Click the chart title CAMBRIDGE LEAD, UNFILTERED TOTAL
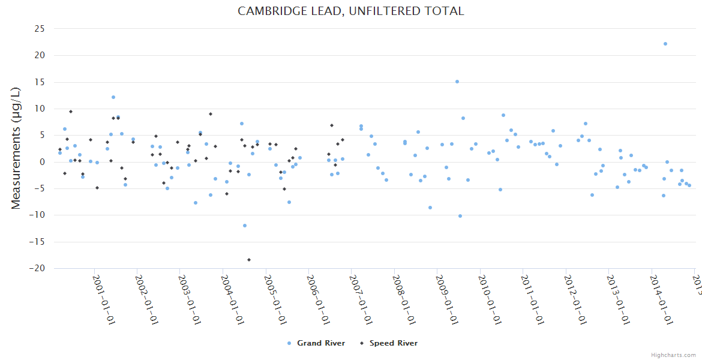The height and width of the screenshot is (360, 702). [351, 11]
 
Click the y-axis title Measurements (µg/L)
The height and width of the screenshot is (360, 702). [16, 149]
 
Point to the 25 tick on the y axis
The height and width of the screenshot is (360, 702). [40, 29]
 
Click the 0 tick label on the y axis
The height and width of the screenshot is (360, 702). [43, 162]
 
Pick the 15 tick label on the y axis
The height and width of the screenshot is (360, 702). [40, 82]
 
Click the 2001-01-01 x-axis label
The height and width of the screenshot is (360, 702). [103, 299]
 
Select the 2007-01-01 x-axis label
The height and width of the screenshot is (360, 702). [361, 299]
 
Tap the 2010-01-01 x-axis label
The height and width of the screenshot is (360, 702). [490, 299]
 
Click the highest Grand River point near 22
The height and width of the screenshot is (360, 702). [665, 44]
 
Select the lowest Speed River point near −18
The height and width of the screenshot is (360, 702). [249, 260]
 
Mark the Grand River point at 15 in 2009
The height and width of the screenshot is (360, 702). [457, 82]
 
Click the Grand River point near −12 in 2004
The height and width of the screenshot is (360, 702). [245, 226]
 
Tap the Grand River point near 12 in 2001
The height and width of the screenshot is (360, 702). [113, 97]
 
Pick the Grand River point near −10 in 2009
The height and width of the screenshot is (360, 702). [460, 216]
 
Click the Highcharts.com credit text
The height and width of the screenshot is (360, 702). [674, 355]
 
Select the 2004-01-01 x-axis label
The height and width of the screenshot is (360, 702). [232, 299]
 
